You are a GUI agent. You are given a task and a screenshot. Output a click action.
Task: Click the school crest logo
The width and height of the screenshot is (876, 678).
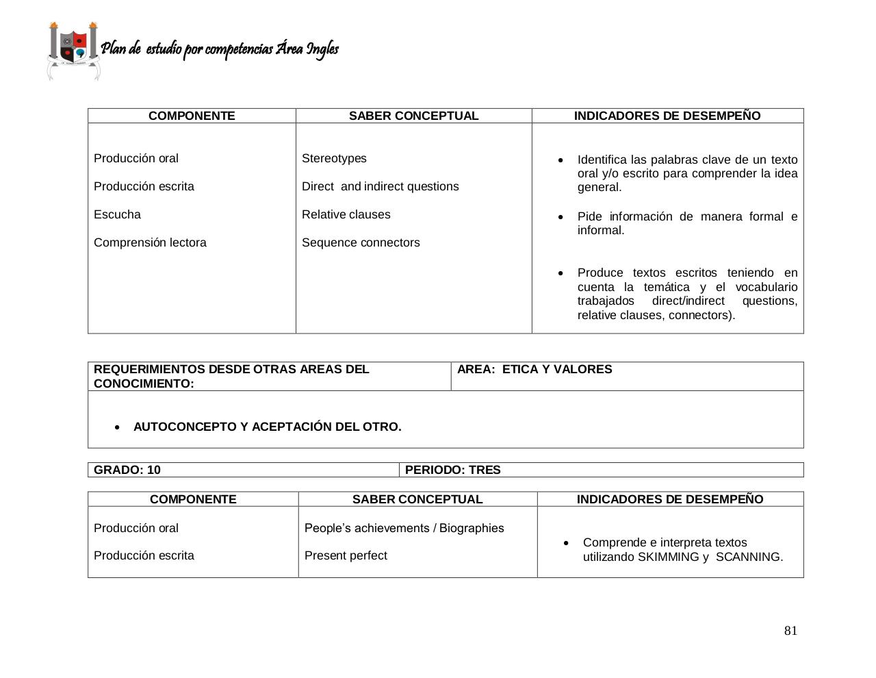click(x=73, y=51)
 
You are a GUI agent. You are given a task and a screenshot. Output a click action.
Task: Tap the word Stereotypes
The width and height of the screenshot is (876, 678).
click(x=334, y=158)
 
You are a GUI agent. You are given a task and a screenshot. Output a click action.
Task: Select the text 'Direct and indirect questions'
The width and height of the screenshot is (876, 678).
click(x=380, y=186)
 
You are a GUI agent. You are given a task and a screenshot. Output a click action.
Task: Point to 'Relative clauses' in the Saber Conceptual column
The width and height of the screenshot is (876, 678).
click(x=346, y=214)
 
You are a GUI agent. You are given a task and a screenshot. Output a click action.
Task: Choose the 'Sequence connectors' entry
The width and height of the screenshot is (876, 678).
click(x=361, y=242)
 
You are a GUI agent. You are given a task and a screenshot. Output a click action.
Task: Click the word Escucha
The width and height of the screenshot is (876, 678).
click(x=117, y=214)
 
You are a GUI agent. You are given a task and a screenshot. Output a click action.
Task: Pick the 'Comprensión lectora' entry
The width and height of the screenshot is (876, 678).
click(x=150, y=242)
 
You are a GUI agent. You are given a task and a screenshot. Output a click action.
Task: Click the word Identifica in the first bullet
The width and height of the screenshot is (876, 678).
click(x=602, y=160)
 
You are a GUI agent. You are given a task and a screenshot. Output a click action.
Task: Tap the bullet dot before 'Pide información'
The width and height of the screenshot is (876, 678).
click(x=561, y=217)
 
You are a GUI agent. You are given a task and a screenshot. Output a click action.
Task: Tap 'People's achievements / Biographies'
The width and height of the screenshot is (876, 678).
click(x=404, y=528)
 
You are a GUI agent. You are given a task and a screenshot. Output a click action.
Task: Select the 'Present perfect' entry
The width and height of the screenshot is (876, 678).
click(x=346, y=555)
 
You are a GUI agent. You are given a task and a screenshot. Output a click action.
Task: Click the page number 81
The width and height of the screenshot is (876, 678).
click(x=790, y=631)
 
